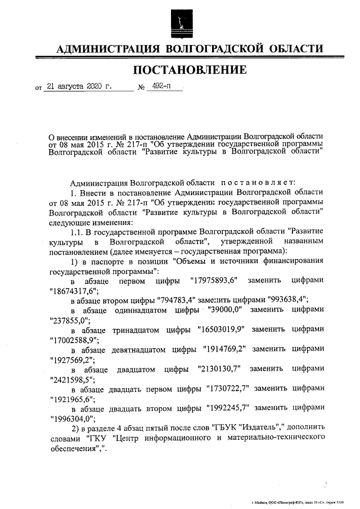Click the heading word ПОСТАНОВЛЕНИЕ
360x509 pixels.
190,70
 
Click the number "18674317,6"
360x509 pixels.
74,290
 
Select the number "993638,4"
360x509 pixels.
280,299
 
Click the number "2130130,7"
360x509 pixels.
219,369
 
